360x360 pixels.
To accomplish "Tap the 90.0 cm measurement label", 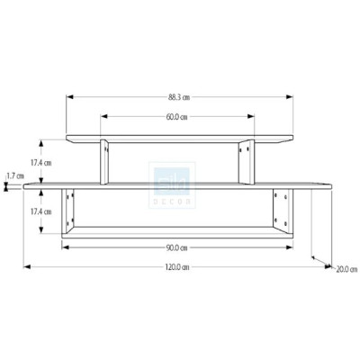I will tap(176, 247).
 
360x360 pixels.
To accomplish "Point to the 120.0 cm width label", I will tap(178, 266).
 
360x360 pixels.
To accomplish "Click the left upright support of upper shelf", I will tap(105, 161).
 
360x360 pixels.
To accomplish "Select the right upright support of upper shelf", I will tap(244, 161).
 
